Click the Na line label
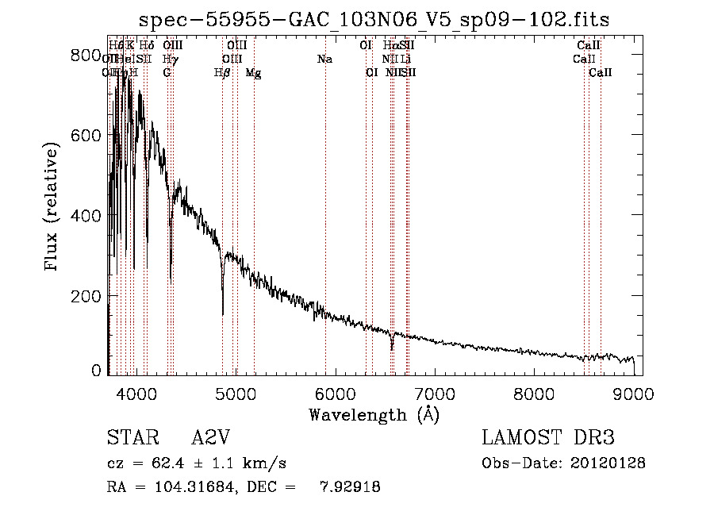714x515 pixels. pos(324,60)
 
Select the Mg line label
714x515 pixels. pos(253,73)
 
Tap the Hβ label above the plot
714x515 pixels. pos(223,73)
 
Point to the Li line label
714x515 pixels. pos(405,60)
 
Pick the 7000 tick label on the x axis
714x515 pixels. pos(435,394)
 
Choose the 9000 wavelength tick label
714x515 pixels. pos(634,394)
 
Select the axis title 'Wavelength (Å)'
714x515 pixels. pos(374,414)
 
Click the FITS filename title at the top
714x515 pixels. pos(374,19)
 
